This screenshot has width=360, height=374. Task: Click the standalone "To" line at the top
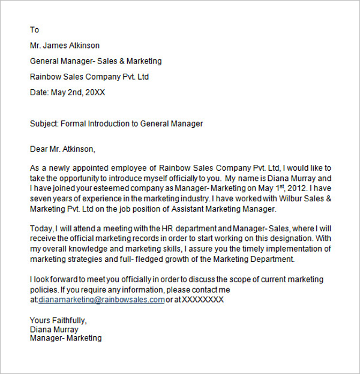pyautogui.click(x=34, y=29)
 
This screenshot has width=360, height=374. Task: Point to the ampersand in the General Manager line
pyautogui.click(x=115, y=61)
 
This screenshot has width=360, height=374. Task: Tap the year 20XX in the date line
pyautogui.click(x=94, y=92)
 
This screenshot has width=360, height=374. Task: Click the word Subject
pyautogui.click(x=44, y=123)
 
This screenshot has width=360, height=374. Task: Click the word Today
pyautogui.click(x=41, y=228)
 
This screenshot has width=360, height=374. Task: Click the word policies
pyautogui.click(x=44, y=289)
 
